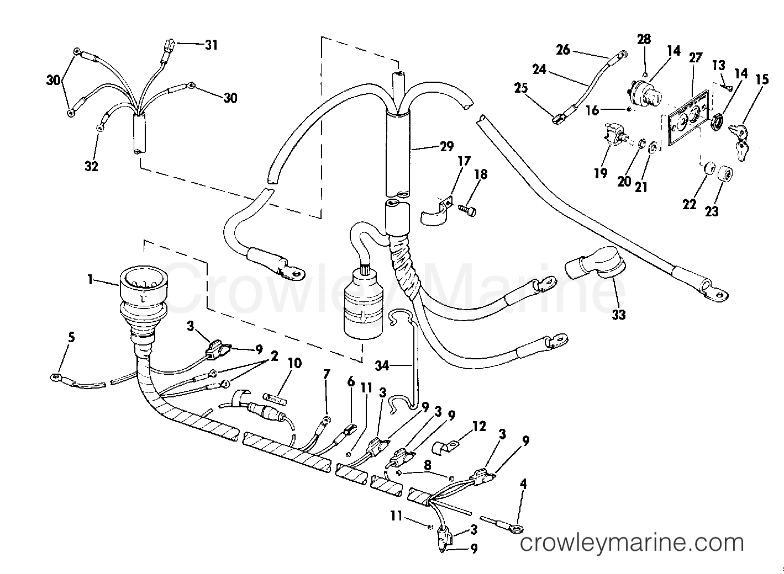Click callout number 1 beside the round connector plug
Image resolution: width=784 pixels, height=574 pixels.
(90, 280)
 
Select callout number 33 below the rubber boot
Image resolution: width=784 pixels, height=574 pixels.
(619, 315)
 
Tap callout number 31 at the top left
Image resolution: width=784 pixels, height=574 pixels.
(211, 45)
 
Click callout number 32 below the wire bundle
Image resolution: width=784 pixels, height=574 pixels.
(91, 165)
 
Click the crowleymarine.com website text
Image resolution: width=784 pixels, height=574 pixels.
(633, 544)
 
